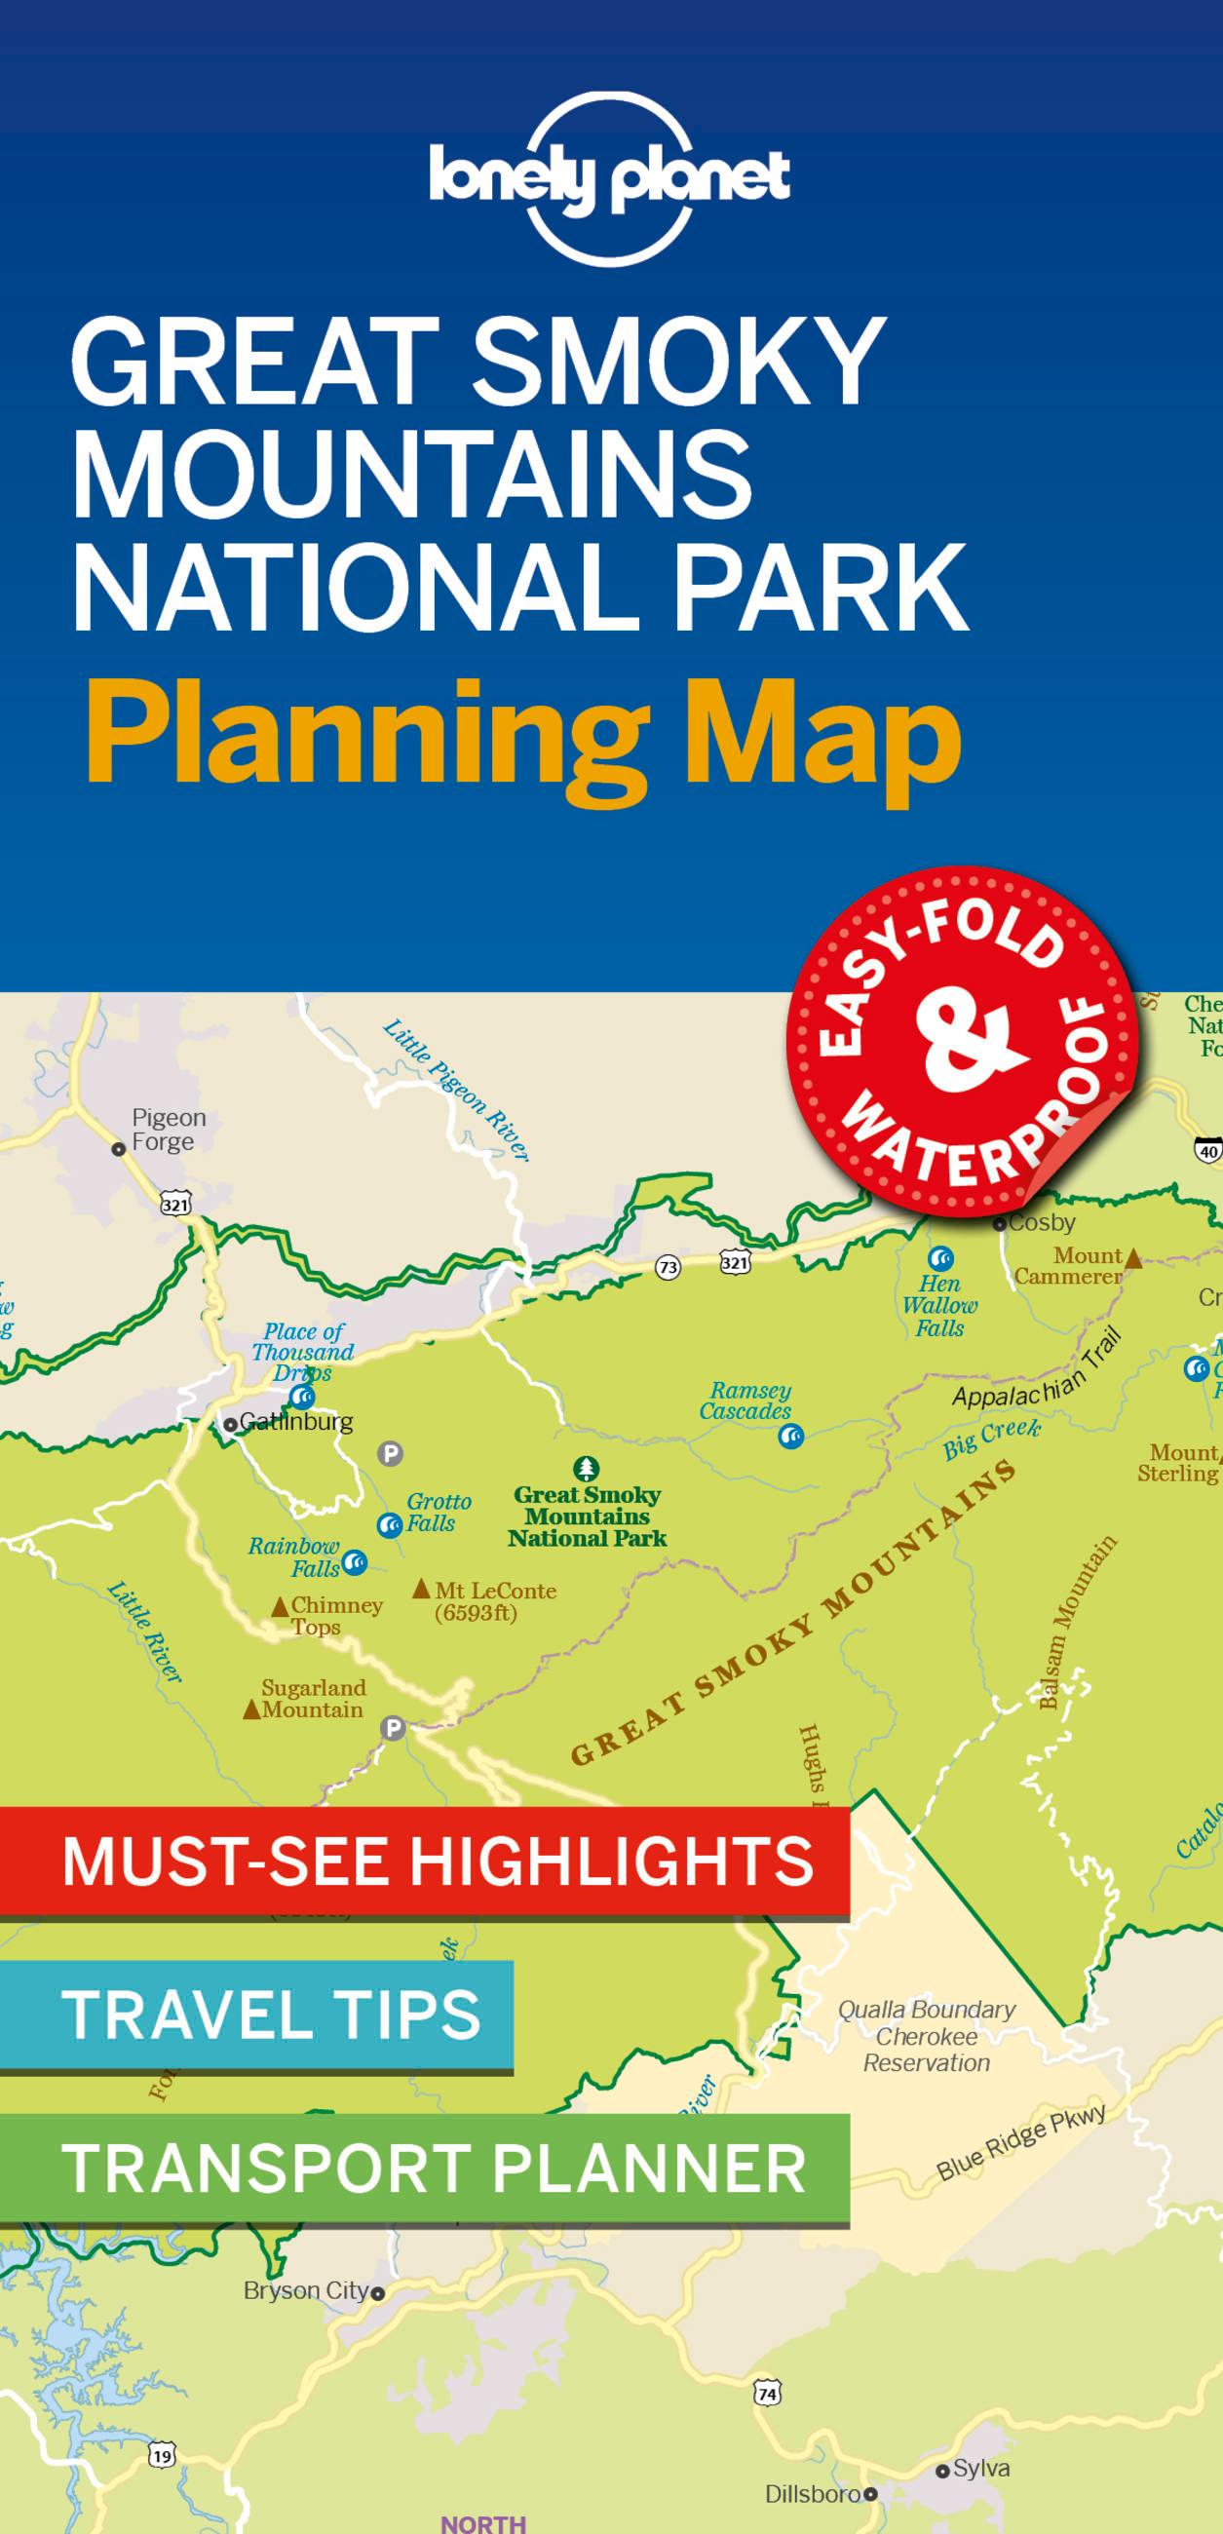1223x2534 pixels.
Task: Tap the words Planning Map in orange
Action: [523, 734]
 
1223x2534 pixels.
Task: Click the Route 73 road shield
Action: [669, 1268]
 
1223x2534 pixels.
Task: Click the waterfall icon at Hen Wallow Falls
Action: [940, 1258]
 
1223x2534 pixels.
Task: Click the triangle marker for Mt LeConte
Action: [421, 1588]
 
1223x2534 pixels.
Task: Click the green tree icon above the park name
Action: [588, 1469]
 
